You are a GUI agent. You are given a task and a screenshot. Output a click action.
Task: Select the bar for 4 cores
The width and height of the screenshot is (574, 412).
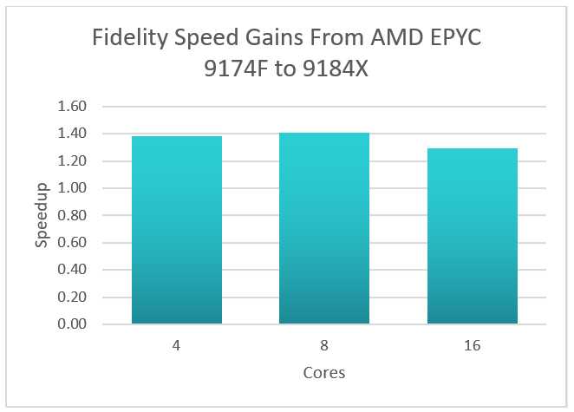pos(177,230)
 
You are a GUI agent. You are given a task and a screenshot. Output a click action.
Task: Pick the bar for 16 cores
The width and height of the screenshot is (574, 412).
pos(472,236)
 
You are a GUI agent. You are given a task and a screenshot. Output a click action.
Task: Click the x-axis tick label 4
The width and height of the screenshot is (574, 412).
pos(177,345)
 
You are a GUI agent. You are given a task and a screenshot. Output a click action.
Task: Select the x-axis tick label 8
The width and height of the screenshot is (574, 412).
pos(324,345)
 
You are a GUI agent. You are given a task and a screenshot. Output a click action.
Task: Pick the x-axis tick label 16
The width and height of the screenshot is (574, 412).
pos(472,345)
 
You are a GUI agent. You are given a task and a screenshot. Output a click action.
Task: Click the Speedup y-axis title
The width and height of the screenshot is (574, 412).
pos(42,216)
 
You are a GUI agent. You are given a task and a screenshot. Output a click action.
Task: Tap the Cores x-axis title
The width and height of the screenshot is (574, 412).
pos(324,373)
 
